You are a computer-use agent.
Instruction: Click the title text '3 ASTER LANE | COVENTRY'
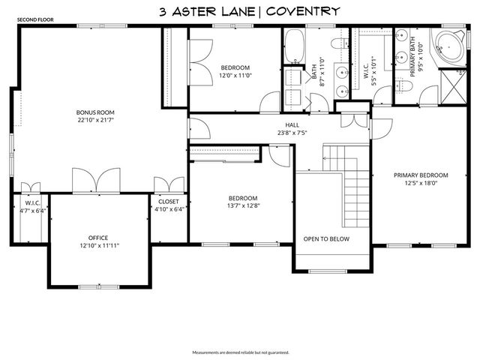tap(250, 11)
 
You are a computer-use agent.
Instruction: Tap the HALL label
tap(292, 125)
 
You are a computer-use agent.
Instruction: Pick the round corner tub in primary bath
tap(450, 46)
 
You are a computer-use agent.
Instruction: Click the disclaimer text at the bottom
tap(240, 352)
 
